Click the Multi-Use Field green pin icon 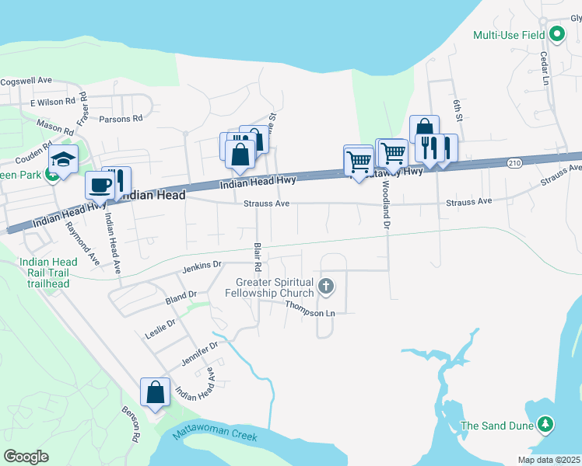click(556, 34)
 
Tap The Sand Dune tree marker click(546, 425)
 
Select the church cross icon click(326, 287)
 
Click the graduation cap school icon click(63, 160)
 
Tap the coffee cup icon click(100, 186)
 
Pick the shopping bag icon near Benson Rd click(155, 392)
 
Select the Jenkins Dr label click(197, 268)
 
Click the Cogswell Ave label click(26, 80)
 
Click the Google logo click(26, 456)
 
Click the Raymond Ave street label click(82, 242)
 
